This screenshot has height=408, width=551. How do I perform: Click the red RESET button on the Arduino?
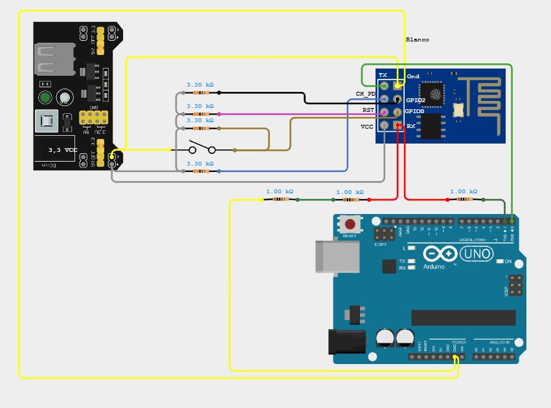pyautogui.click(x=350, y=224)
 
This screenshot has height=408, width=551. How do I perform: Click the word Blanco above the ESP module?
pyautogui.click(x=417, y=40)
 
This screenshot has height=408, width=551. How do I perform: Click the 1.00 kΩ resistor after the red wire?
pyautogui.click(x=464, y=200)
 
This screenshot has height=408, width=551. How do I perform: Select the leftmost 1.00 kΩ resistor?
pyautogui.click(x=280, y=200)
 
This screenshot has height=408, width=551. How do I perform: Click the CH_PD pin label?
pyautogui.click(x=366, y=94)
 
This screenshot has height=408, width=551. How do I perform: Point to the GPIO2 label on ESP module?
pyautogui.click(x=415, y=100)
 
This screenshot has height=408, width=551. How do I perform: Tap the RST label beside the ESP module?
pyautogui.click(x=368, y=111)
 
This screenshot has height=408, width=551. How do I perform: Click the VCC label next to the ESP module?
pyautogui.click(x=367, y=127)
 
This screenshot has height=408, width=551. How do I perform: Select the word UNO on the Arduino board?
pyautogui.click(x=477, y=255)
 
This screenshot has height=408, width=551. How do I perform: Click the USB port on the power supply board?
pyautogui.click(x=47, y=60)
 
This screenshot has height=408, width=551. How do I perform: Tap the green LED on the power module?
pyautogui.click(x=45, y=98)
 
